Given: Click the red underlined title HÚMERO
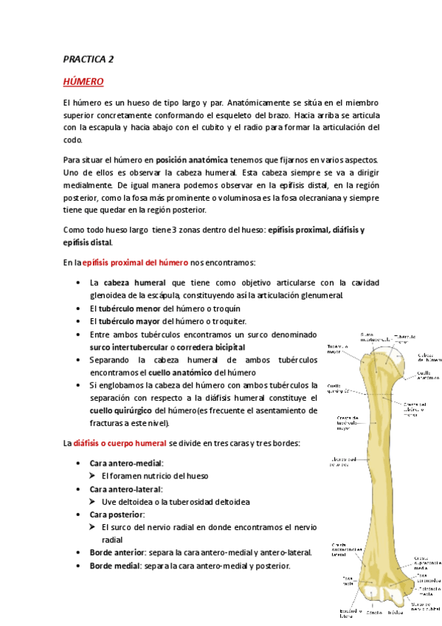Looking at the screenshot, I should click(83, 81).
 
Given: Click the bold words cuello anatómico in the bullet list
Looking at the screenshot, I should click(186, 372).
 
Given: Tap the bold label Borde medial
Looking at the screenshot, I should click(116, 565).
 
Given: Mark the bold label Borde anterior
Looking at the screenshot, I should click(117, 552).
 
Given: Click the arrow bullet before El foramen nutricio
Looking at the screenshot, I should click(94, 475).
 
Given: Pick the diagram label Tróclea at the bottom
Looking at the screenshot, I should click(396, 613).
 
